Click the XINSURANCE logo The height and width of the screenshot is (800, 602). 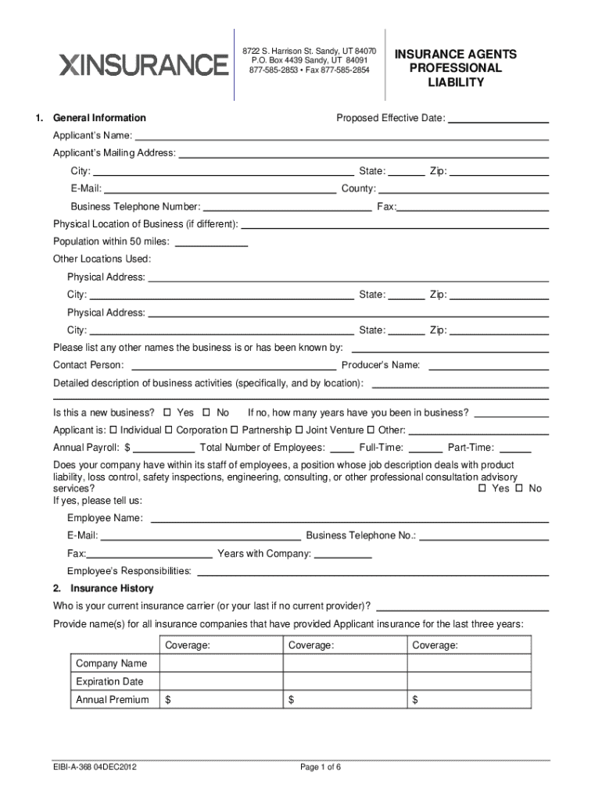[x=144, y=64]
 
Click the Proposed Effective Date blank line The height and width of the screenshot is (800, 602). [x=498, y=118]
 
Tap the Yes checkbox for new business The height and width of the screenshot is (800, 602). [x=167, y=412]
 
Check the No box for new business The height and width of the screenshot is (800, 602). [x=206, y=412]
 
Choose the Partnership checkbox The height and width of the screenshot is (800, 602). [x=235, y=430]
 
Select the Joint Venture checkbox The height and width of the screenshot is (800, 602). [x=299, y=430]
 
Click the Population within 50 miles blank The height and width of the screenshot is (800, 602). [x=211, y=241]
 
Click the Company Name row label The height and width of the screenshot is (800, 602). [x=111, y=663]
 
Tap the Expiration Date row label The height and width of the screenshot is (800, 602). [x=109, y=681]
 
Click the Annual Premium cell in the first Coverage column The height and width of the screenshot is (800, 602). [x=220, y=700]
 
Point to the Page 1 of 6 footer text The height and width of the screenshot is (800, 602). [x=321, y=767]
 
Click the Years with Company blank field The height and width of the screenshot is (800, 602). [x=343, y=554]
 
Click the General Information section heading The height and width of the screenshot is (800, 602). [x=99, y=118]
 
